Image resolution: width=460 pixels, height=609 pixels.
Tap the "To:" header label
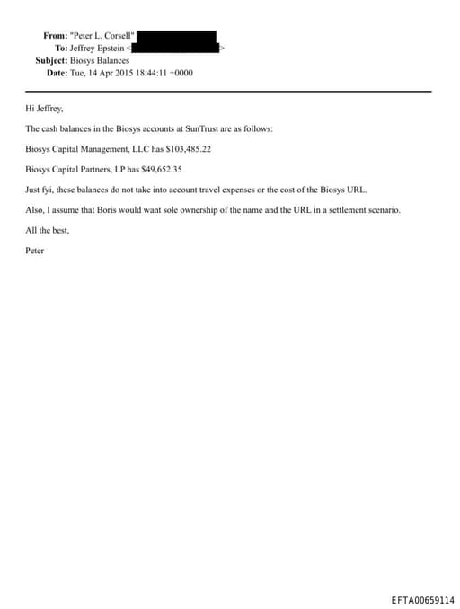[x=61, y=48]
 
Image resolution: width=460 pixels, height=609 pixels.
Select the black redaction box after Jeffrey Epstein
[x=176, y=41]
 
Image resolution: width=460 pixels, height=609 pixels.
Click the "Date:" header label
[x=57, y=72]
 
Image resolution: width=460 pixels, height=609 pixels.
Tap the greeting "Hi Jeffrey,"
[x=45, y=108]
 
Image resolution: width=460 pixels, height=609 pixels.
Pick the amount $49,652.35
[x=163, y=169]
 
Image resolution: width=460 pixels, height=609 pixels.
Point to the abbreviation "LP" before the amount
[x=132, y=169]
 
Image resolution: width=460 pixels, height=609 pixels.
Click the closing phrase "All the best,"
[x=47, y=230]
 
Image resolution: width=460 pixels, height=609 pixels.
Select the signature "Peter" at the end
[x=35, y=250]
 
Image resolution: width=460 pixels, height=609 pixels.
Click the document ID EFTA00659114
[x=422, y=600]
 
